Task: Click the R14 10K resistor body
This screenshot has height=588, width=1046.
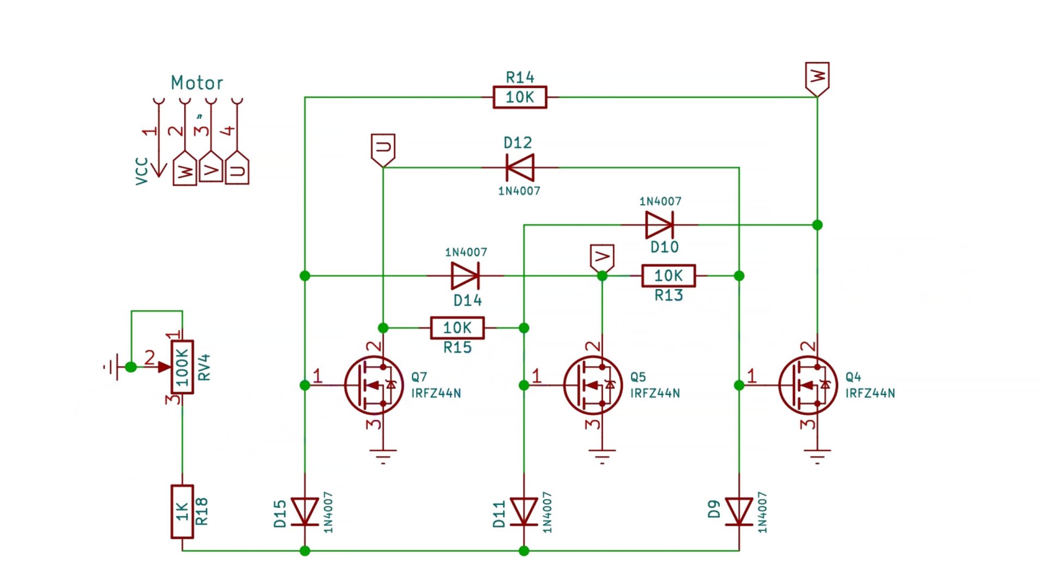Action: (x=520, y=97)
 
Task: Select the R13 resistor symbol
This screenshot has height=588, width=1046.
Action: (x=668, y=276)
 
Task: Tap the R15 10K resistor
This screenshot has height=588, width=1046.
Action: (x=457, y=328)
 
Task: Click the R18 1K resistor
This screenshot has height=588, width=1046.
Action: (x=183, y=511)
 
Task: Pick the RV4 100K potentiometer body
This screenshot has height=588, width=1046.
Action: (x=182, y=367)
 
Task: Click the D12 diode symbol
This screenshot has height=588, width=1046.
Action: (x=519, y=168)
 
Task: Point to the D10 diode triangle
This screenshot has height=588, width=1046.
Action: (x=659, y=225)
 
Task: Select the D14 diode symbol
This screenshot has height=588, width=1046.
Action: (x=465, y=276)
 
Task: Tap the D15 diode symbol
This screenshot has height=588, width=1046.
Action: (x=305, y=512)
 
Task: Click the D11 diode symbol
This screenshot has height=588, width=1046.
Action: (x=524, y=512)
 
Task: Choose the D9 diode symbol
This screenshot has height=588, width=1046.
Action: (x=739, y=512)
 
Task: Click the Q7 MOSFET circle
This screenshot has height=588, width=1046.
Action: (x=374, y=385)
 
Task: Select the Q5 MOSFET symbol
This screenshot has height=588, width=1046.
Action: (x=593, y=385)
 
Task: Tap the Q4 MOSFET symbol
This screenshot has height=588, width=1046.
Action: (x=808, y=385)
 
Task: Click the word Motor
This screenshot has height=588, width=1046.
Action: (x=197, y=83)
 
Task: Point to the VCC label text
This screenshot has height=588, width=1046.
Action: (x=142, y=171)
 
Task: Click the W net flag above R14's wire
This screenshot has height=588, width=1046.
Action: (x=817, y=77)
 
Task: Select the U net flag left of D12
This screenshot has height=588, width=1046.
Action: (x=383, y=149)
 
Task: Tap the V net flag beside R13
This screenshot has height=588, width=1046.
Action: (x=602, y=257)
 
